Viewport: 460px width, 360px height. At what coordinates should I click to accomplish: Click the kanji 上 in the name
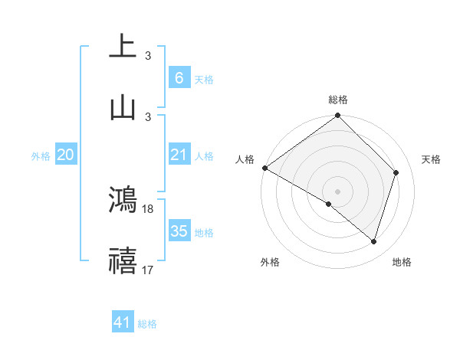click(122, 46)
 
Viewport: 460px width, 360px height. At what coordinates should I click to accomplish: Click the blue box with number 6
click(179, 77)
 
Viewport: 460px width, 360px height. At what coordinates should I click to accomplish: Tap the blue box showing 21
click(179, 155)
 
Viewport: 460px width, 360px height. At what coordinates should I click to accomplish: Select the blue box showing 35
click(179, 231)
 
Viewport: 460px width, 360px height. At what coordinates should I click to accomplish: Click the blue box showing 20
click(65, 155)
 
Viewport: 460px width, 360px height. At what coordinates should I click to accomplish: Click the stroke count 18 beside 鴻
click(148, 208)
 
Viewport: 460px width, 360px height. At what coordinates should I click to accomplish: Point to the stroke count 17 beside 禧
click(148, 270)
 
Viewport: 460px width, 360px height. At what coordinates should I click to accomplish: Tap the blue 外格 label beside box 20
click(41, 155)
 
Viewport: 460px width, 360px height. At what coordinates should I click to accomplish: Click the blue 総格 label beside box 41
click(147, 324)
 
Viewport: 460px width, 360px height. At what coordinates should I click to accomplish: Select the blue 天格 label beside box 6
click(204, 79)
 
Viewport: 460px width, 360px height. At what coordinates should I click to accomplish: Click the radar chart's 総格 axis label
click(337, 100)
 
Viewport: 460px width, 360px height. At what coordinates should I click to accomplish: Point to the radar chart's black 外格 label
click(269, 262)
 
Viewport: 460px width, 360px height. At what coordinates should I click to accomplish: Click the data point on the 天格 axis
click(396, 172)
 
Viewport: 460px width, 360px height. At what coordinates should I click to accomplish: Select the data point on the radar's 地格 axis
click(374, 241)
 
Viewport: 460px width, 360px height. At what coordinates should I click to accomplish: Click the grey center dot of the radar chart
click(337, 191)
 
